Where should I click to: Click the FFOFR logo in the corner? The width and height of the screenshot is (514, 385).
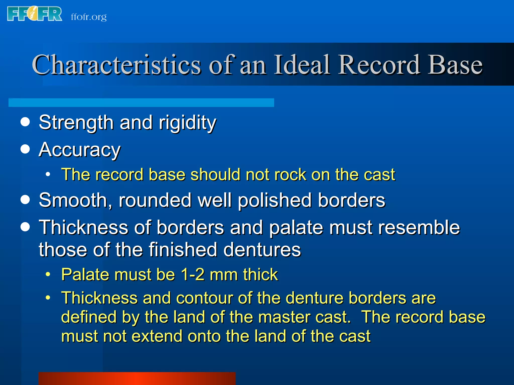(35, 14)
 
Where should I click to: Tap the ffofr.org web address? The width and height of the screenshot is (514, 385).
(89, 17)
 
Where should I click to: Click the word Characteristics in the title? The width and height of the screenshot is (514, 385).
(116, 65)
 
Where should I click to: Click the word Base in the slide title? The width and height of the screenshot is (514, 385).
(455, 65)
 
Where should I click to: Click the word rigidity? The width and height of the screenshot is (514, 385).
(187, 123)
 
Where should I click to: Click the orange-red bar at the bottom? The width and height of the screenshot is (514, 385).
(137, 378)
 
